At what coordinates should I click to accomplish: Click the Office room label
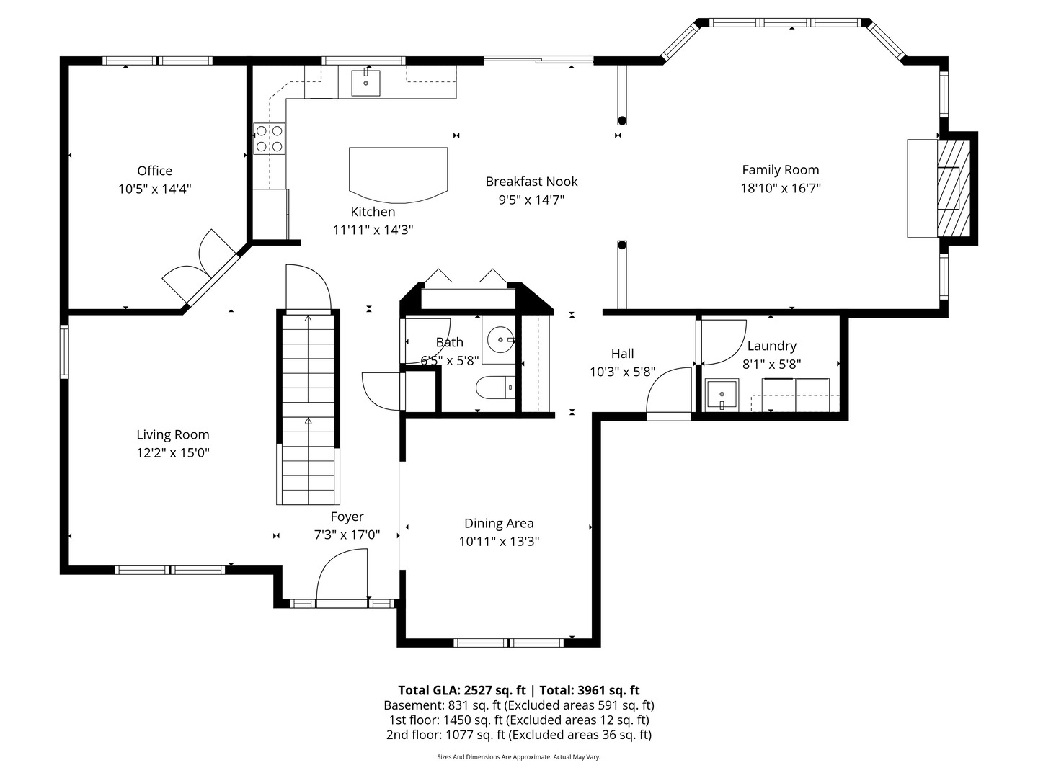(154, 171)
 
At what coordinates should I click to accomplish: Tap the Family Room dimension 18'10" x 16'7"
(781, 188)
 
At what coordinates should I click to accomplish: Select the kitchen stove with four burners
(269, 139)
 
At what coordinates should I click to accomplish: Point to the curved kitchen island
(398, 174)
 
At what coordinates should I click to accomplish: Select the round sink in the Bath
(500, 338)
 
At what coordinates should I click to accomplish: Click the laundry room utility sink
(721, 395)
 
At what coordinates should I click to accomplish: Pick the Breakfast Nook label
(531, 182)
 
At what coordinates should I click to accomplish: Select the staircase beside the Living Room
(308, 407)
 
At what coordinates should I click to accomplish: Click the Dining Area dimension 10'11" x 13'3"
(499, 542)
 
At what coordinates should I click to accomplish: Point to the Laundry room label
(771, 346)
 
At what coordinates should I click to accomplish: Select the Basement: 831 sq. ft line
(518, 705)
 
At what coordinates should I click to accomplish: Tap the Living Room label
(173, 434)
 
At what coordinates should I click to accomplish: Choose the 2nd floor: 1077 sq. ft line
(518, 735)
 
